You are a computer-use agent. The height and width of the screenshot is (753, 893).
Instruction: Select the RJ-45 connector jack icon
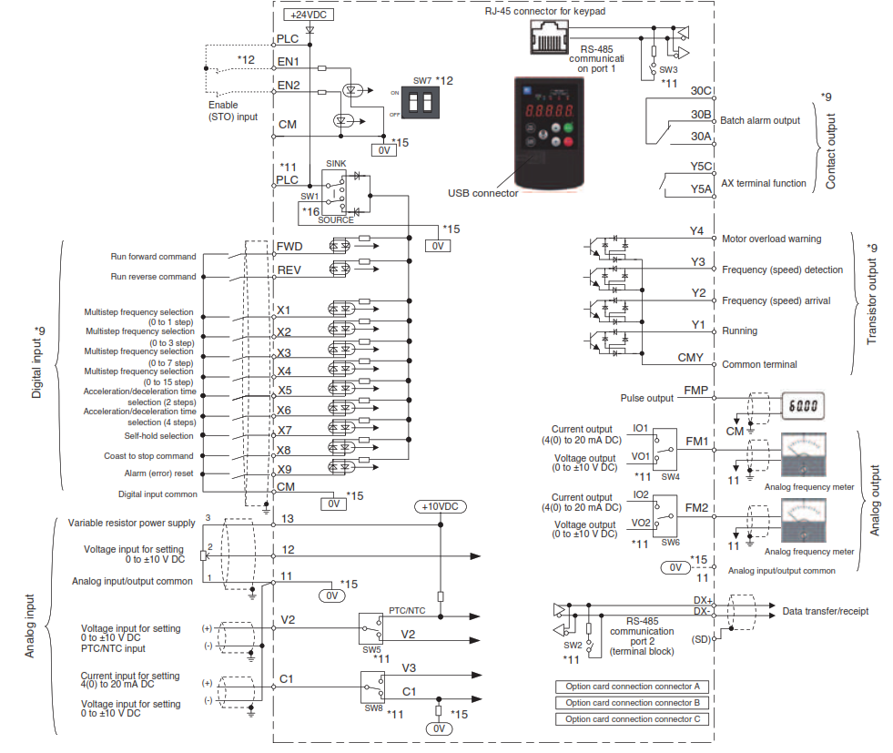click(x=546, y=36)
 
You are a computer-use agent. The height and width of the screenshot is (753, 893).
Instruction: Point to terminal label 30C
click(x=701, y=91)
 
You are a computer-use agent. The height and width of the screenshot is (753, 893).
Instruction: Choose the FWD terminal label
click(x=289, y=247)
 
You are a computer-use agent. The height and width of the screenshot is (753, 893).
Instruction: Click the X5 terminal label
click(x=284, y=390)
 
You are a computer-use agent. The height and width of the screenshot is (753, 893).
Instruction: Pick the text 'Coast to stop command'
click(x=149, y=455)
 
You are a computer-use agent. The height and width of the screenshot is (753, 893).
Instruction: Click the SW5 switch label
click(x=373, y=650)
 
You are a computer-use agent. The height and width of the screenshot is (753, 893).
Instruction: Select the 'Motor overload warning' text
click(x=771, y=239)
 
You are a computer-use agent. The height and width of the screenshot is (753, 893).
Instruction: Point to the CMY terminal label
click(x=690, y=359)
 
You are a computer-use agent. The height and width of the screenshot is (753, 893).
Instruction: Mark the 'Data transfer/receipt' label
click(x=826, y=611)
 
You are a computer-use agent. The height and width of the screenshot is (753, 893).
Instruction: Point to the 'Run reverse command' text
click(x=153, y=277)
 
